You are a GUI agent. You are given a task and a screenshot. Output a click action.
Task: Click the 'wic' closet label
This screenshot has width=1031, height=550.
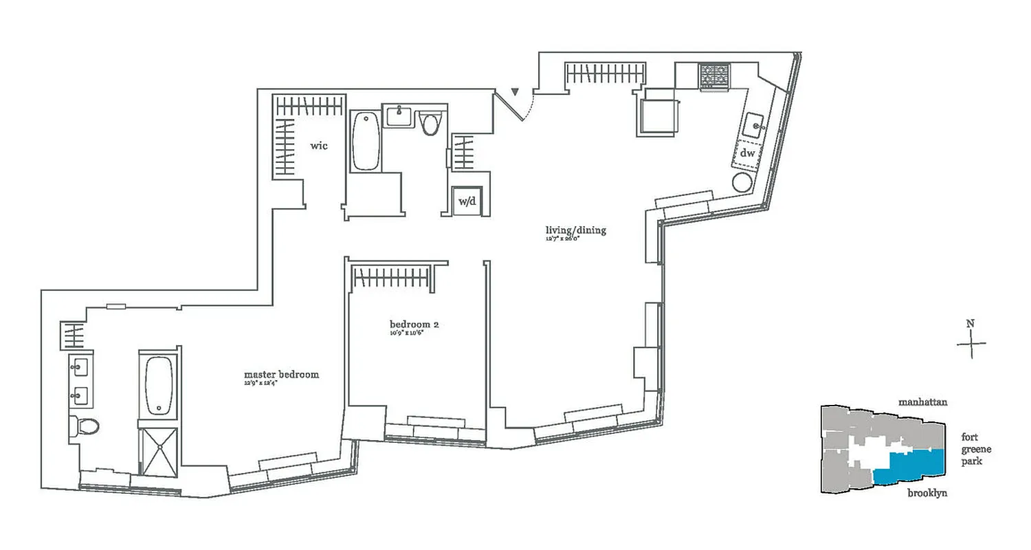tap(318, 146)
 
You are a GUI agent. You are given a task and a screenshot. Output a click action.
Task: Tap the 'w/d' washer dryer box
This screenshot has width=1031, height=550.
tap(467, 202)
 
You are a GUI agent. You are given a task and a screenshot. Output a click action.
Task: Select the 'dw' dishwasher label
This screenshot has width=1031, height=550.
tap(747, 153)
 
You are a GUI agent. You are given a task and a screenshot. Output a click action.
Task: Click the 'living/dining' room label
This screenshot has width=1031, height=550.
tap(576, 230)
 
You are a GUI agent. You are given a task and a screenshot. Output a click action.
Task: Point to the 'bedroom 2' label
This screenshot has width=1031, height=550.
tap(414, 324)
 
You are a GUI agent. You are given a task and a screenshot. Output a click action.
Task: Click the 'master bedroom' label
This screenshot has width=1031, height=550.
tap(281, 375)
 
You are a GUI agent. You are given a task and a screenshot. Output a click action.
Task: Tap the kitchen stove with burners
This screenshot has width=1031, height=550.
tap(715, 77)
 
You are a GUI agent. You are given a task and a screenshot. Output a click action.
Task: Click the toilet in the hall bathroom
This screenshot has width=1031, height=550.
tap(431, 124)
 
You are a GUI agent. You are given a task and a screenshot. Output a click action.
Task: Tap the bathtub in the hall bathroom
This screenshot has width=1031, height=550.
tap(366, 141)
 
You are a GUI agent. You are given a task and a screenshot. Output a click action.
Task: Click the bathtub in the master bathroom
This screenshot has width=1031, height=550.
tap(159, 385)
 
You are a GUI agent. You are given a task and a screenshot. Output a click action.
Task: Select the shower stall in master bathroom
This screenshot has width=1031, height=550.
tap(159, 450)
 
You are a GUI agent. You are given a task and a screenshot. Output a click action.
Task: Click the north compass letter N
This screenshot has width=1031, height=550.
tap(970, 324)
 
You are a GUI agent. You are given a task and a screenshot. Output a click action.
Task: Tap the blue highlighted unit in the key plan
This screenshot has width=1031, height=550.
tap(914, 467)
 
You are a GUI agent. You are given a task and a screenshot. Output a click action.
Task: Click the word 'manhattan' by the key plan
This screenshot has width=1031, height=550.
tap(923, 401)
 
